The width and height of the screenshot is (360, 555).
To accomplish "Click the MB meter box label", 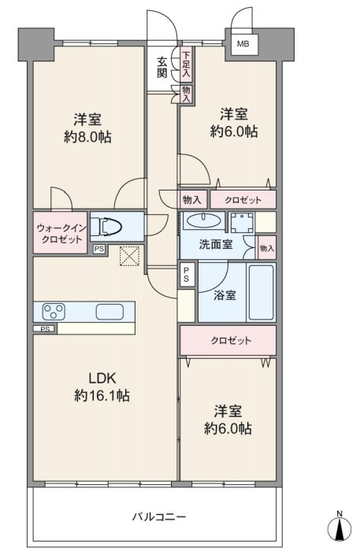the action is [x=243, y=44].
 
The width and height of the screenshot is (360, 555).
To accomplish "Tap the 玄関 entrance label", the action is [x=162, y=68].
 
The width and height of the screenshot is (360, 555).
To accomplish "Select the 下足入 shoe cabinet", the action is [x=186, y=65].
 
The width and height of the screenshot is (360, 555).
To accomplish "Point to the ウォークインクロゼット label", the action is [x=61, y=234].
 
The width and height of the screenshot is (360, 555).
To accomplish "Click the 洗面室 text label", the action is [x=215, y=244].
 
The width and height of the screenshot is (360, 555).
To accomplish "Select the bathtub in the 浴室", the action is [x=262, y=292].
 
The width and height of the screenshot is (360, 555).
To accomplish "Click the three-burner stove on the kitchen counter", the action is [x=54, y=312].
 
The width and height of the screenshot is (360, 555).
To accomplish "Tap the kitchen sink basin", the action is [x=109, y=312].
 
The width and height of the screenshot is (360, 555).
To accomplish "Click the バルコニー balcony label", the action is [x=159, y=516].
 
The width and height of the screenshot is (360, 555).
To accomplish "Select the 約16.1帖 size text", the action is [x=102, y=395].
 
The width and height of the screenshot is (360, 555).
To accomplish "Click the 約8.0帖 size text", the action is [x=87, y=137].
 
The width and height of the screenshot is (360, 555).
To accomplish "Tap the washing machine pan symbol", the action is [x=242, y=223].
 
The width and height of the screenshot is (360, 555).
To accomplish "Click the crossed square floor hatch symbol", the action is [x=129, y=256].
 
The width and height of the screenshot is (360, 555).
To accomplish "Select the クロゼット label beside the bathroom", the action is [x=231, y=341].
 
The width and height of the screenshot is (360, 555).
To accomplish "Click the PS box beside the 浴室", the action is [x=186, y=274].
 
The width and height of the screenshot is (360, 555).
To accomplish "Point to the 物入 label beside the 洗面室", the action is [x=267, y=248].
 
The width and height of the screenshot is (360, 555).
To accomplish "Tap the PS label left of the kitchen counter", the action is [x=45, y=329].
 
